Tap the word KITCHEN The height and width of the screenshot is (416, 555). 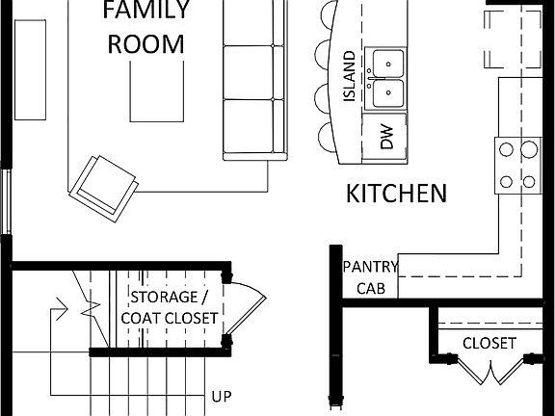(x=396, y=194)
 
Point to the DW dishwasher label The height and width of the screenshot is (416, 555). (x=387, y=137)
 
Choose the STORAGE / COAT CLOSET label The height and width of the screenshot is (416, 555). (x=173, y=307)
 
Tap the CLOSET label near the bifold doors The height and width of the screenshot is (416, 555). (x=489, y=343)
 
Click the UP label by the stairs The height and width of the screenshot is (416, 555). (x=222, y=396)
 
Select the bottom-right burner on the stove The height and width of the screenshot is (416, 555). (x=528, y=180)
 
